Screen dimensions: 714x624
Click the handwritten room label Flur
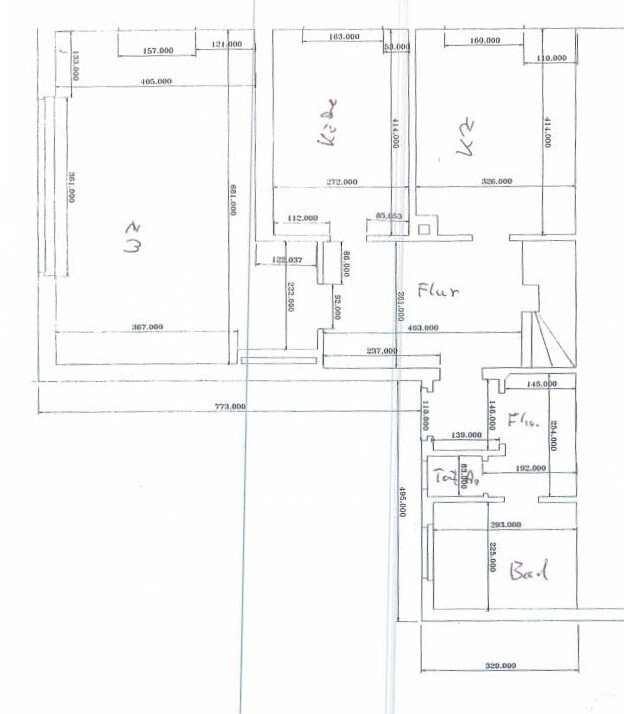pyautogui.click(x=437, y=293)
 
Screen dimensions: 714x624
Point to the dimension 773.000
pyautogui.click(x=230, y=406)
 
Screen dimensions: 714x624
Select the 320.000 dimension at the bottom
pyautogui.click(x=499, y=665)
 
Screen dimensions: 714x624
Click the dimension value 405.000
pyautogui.click(x=156, y=81)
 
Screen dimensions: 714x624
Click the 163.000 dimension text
pyautogui.click(x=343, y=37)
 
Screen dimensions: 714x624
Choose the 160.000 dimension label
pyautogui.click(x=483, y=41)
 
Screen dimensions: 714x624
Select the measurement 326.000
pyautogui.click(x=496, y=182)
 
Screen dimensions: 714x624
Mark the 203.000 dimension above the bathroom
pyautogui.click(x=505, y=524)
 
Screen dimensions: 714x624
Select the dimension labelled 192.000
pyautogui.click(x=530, y=468)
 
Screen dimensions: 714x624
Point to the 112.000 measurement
pyautogui.click(x=302, y=218)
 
